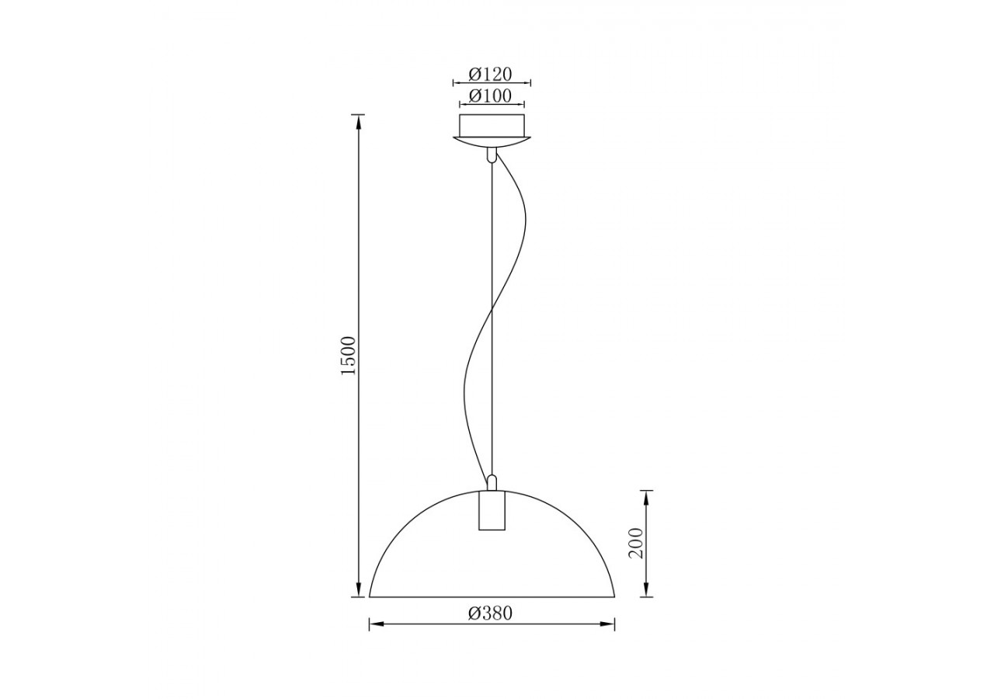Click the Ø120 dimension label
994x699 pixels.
click(x=491, y=74)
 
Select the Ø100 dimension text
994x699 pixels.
click(x=491, y=96)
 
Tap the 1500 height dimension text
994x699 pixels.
click(x=349, y=356)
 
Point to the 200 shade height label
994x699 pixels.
click(x=637, y=543)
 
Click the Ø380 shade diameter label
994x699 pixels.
click(x=491, y=613)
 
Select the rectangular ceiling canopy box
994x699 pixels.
click(x=492, y=124)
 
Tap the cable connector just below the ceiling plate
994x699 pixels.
click(x=491, y=155)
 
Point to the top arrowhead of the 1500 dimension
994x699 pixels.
click(x=358, y=119)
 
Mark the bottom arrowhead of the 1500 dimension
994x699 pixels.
click(x=358, y=592)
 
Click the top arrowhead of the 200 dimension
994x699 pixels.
click(x=646, y=495)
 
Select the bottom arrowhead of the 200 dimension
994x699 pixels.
click(x=646, y=592)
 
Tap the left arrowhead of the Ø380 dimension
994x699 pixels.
click(x=374, y=624)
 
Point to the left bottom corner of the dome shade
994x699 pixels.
click(x=370, y=596)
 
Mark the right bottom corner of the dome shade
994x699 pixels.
click(x=614, y=596)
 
